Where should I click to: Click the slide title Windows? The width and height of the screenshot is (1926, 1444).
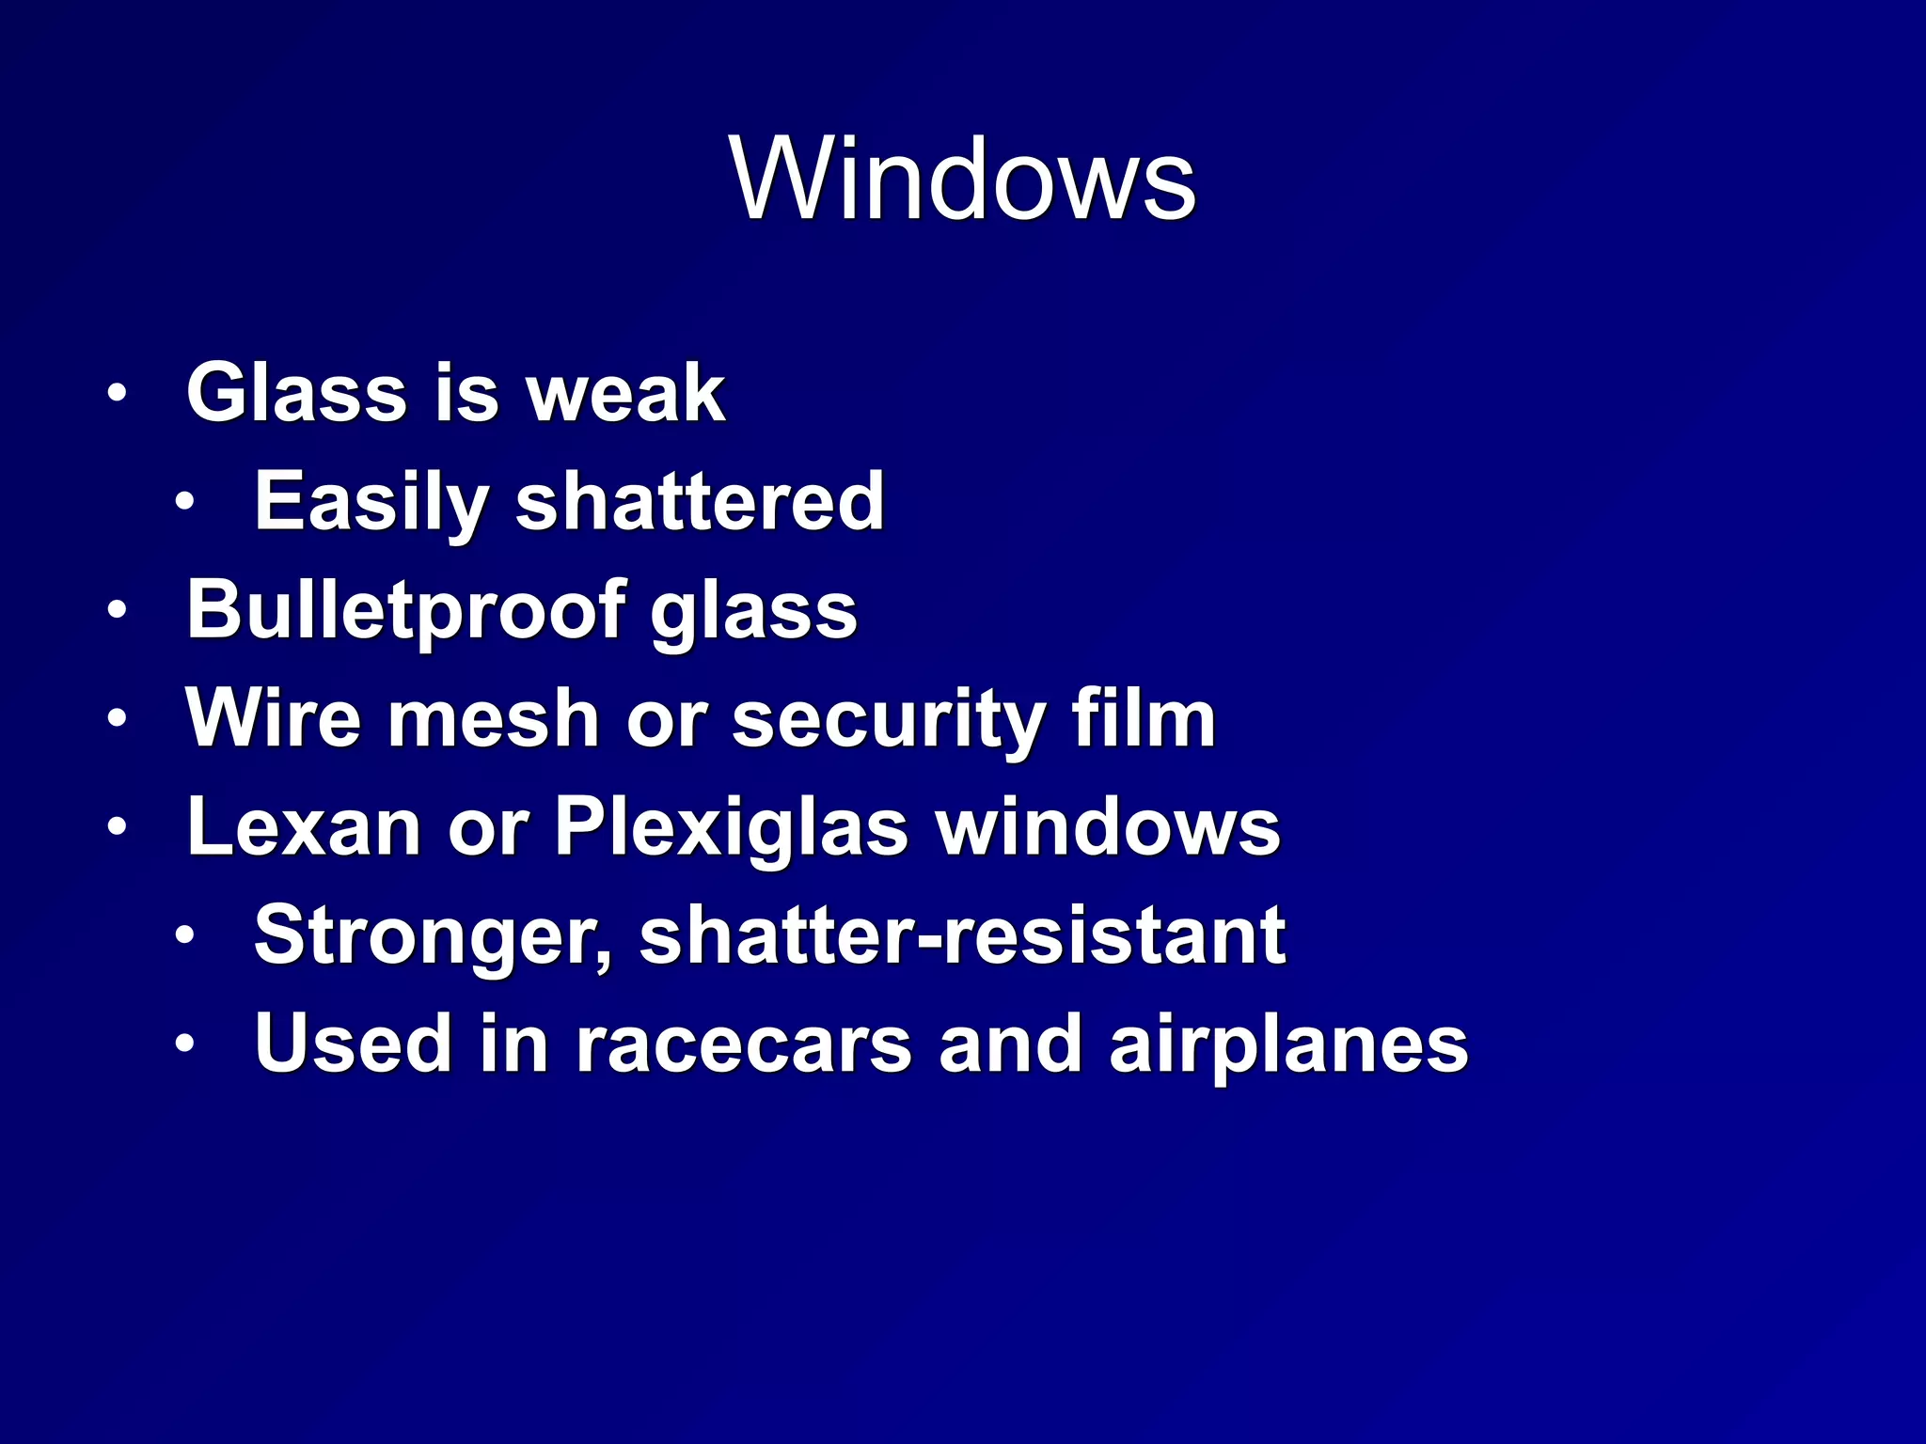pyautogui.click(x=962, y=179)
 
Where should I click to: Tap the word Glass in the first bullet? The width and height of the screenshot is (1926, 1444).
pyautogui.click(x=296, y=393)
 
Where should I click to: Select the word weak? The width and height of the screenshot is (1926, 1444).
pyautogui.click(x=625, y=393)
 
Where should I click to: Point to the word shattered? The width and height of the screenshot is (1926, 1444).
pyautogui.click(x=700, y=502)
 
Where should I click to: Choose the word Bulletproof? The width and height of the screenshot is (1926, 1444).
pyautogui.click(x=405, y=610)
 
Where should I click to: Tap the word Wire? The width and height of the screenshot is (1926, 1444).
pyautogui.click(x=274, y=718)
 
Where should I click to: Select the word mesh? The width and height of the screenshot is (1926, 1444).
pyautogui.click(x=494, y=718)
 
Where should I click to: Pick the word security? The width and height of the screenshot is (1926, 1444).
pyautogui.click(x=889, y=720)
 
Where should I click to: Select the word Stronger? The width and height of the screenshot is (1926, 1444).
pyautogui.click(x=432, y=936)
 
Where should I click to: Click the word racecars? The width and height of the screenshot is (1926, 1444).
pyautogui.click(x=744, y=1044)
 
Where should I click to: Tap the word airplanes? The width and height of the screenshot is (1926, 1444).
pyautogui.click(x=1288, y=1046)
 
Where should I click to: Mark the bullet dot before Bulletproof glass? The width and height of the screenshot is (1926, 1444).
pyautogui.click(x=116, y=611)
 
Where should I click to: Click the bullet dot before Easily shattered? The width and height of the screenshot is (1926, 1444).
pyautogui.click(x=184, y=502)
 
